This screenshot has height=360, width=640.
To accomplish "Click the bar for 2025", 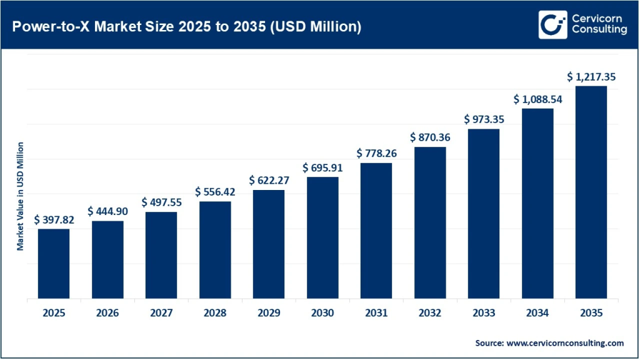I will pos(54,264).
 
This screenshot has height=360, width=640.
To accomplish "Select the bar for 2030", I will pos(322,237).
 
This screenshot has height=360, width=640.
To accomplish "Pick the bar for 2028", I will pos(215,250).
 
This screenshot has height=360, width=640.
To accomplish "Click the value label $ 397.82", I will pos(54,219).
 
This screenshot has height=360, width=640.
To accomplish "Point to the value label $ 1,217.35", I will pos(591,76).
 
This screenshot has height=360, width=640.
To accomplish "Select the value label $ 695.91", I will pos(322,167).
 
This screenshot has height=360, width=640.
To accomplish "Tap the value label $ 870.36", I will pos(430,137).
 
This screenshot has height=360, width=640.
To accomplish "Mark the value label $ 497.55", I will pos(161,202).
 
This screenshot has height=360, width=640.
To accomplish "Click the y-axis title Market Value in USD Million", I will pos(20,196).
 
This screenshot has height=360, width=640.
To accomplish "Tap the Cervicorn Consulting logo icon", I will pos(552,25).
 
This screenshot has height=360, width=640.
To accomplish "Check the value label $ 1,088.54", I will pos(537,99).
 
